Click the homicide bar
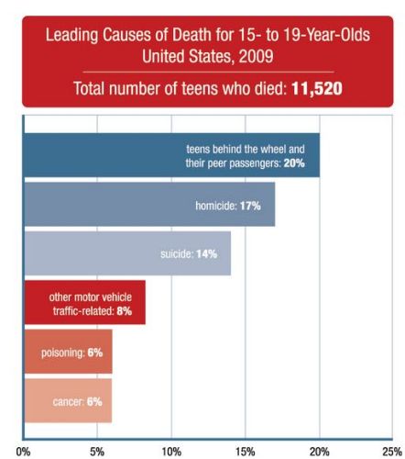[x=149, y=204]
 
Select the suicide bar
[x=127, y=253]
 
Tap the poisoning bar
[x=69, y=352]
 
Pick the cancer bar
[x=68, y=401]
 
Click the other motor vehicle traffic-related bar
[x=85, y=302]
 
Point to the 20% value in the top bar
[x=294, y=163]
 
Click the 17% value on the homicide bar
[x=250, y=206]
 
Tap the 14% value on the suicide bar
[x=206, y=254]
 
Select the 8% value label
[x=125, y=311]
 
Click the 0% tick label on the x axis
[x=23, y=452]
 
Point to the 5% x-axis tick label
[x=97, y=452]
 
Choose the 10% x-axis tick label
[x=171, y=452]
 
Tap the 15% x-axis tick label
[x=246, y=452]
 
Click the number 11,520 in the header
[x=317, y=89]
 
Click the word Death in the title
[x=192, y=35]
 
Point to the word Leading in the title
[x=72, y=35]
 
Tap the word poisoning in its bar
[x=63, y=353]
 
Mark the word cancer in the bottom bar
[x=68, y=401]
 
